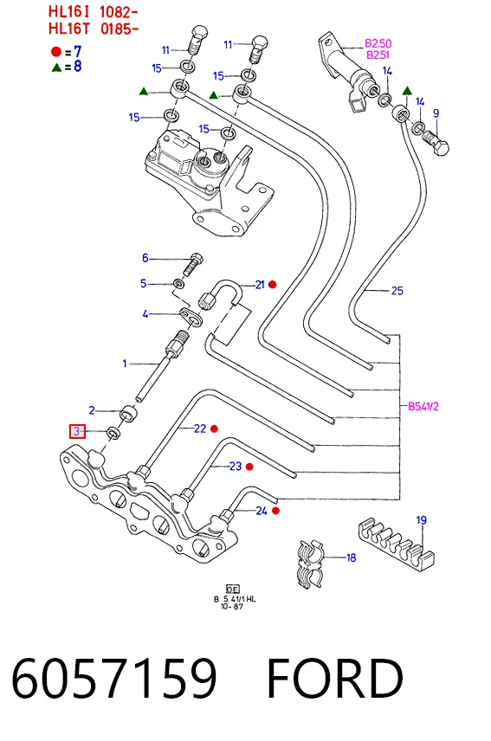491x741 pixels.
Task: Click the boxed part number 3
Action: click(x=77, y=431)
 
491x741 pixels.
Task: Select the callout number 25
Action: click(x=397, y=291)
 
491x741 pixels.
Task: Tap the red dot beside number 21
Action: click(x=273, y=285)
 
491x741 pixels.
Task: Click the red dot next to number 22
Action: click(x=214, y=428)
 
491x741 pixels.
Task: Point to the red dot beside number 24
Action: click(x=276, y=511)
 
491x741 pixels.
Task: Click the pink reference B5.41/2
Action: click(x=423, y=406)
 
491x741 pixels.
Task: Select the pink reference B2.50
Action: click(x=378, y=43)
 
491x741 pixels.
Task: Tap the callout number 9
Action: click(x=436, y=113)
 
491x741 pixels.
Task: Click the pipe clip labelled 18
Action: click(x=310, y=564)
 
